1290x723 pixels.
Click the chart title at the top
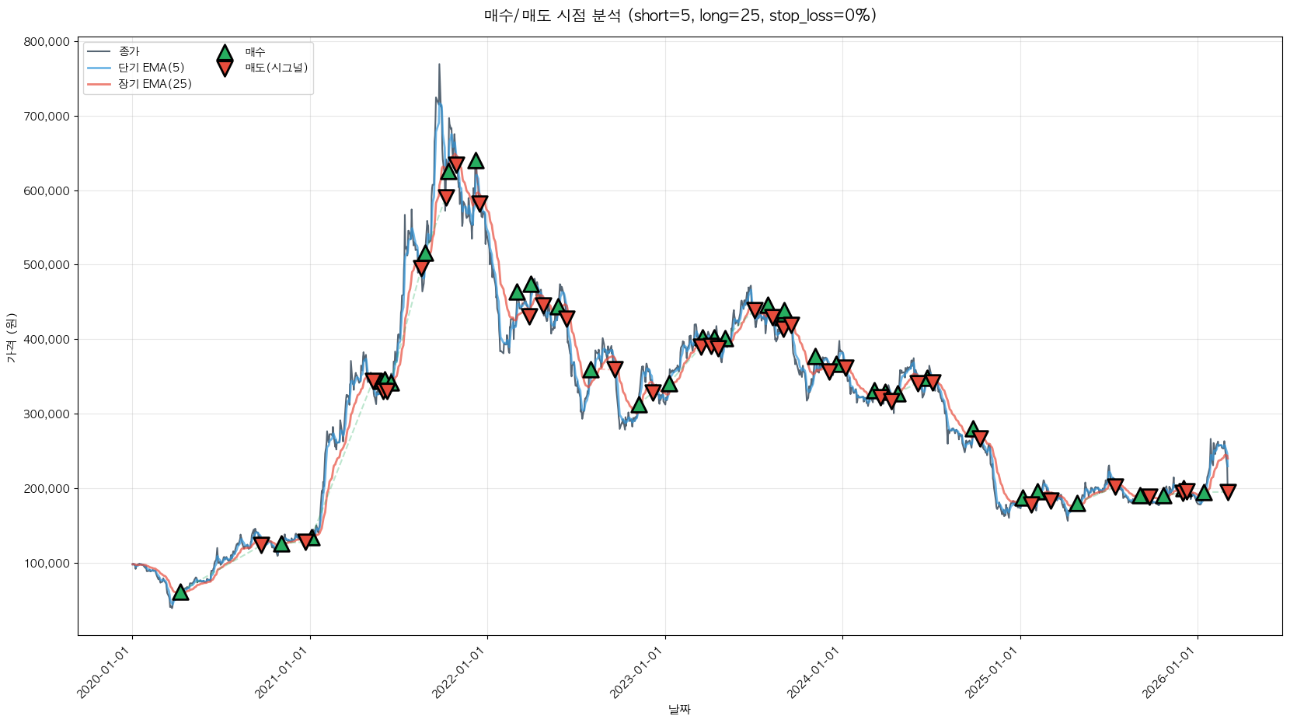click(x=680, y=16)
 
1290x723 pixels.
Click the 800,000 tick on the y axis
click(x=47, y=42)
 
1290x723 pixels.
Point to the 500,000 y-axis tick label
click(x=47, y=265)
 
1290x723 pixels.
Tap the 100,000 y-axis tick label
click(x=47, y=563)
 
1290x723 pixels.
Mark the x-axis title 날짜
click(x=679, y=709)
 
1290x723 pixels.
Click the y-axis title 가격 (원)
click(x=11, y=338)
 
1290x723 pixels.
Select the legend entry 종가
click(x=129, y=51)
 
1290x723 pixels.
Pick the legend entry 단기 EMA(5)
click(x=151, y=68)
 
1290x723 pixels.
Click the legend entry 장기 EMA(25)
click(x=155, y=84)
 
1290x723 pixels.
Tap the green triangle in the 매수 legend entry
click(x=225, y=53)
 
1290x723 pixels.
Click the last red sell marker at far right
click(x=1228, y=491)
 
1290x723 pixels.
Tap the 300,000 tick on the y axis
click(x=47, y=414)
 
